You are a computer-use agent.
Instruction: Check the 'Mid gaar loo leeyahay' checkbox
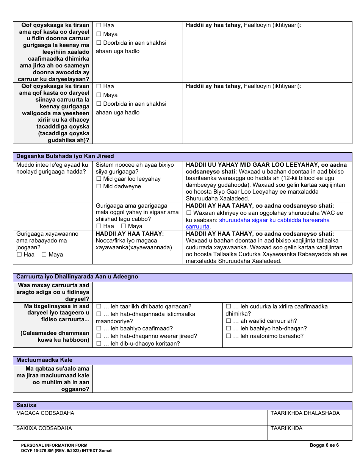click(x=99, y=179)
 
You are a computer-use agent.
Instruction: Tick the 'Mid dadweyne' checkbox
click(x=99, y=186)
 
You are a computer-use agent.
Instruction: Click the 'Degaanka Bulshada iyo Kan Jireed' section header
click(x=65, y=156)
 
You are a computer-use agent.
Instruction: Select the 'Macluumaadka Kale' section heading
click(x=44, y=360)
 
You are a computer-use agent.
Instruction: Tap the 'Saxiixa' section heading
click(x=27, y=405)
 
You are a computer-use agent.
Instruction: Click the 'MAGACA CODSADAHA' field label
click(x=45, y=413)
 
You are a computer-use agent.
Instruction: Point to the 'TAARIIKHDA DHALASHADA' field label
click(x=305, y=413)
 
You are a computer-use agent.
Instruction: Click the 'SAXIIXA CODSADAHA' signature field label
click(x=44, y=428)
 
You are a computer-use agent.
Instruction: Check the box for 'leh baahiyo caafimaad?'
click(x=99, y=328)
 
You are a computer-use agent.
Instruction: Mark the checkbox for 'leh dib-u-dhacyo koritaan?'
click(x=99, y=344)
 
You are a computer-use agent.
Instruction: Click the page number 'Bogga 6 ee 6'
click(x=324, y=445)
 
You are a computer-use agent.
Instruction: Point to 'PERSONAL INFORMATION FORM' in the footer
click(x=54, y=446)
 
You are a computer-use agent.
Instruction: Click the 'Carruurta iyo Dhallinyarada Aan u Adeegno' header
click(x=77, y=277)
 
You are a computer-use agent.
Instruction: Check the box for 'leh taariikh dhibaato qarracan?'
click(x=99, y=306)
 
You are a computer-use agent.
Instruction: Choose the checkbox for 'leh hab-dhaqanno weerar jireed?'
click(x=99, y=336)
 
